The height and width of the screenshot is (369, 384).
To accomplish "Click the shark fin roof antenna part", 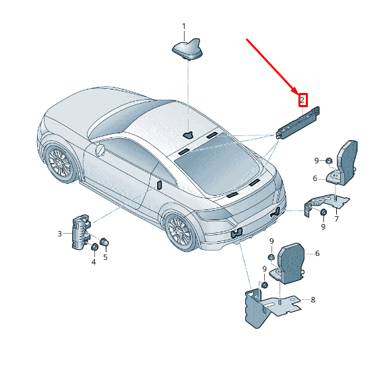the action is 187,49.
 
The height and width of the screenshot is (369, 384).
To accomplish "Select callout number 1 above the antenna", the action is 184,26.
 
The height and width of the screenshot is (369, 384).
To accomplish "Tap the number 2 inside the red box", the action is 302,100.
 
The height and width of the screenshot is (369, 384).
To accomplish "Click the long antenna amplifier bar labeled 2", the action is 297,123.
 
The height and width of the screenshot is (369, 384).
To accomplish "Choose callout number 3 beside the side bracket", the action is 59,234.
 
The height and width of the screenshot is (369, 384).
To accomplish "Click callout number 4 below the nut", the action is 94,262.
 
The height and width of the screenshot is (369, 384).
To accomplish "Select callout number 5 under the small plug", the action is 105,257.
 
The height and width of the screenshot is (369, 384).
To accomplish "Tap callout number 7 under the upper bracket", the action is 336,219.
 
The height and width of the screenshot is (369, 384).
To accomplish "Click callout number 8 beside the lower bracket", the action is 313,300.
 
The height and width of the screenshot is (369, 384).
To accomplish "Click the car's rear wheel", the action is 181,232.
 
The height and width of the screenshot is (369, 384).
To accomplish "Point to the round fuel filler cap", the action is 100,150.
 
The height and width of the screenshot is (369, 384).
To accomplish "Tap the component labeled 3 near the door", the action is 80,232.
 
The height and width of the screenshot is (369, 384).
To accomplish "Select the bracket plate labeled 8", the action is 273,307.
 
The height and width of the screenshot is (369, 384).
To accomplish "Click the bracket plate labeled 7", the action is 325,203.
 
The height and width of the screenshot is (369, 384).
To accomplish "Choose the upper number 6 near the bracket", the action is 315,178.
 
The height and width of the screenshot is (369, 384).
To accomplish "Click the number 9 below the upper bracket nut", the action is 323,226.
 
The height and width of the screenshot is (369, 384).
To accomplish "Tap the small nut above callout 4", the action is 94,247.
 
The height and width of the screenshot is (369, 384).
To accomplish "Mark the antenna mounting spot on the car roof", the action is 188,135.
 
